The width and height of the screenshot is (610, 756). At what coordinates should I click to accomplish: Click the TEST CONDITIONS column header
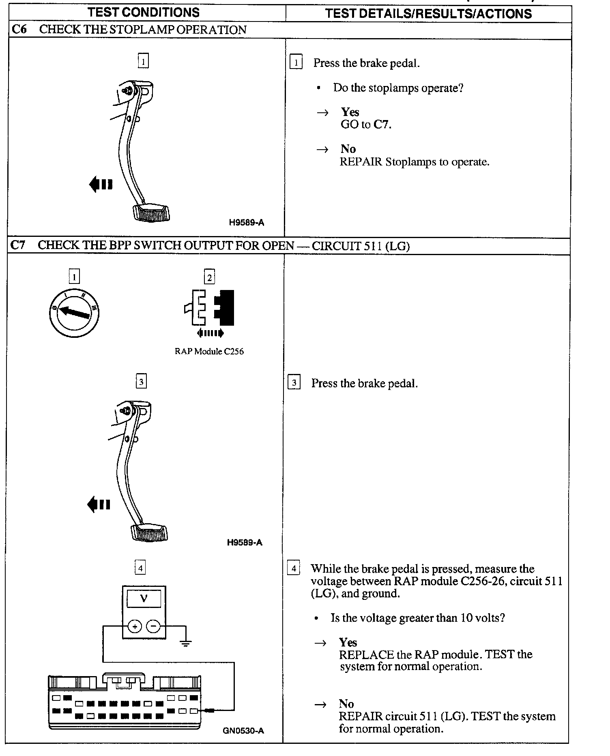pos(144,13)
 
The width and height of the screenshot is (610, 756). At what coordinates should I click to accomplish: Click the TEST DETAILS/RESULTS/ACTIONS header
pos(428,14)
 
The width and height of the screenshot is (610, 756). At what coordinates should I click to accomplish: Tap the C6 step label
pos(19,30)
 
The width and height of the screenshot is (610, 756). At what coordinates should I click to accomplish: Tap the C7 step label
pos(18,245)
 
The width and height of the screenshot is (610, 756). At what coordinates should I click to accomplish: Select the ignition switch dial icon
pos(74,313)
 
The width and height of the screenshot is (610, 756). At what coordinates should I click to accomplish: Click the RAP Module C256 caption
pos(209,352)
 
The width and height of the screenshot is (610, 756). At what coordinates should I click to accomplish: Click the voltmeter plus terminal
pos(135,627)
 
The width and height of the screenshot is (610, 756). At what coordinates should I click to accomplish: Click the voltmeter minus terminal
pos(153,627)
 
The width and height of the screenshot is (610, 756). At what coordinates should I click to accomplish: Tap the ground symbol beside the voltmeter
pos(185,642)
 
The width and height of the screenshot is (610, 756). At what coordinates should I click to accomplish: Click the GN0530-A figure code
pos(243,731)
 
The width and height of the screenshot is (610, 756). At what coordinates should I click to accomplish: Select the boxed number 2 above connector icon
pos(209,277)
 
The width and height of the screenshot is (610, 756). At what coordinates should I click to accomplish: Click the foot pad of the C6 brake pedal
pos(151,213)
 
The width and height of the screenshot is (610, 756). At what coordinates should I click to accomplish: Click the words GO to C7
pos(366,125)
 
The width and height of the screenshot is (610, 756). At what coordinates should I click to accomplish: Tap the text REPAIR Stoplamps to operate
pos(414,162)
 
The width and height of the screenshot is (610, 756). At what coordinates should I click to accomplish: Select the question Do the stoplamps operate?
pos(398,88)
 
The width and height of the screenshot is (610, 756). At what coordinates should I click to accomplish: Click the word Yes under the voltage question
pos(348,642)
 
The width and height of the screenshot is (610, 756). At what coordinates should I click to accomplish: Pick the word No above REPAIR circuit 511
pos(346,704)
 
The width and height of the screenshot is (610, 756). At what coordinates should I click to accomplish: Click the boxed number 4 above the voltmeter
pos(140,568)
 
